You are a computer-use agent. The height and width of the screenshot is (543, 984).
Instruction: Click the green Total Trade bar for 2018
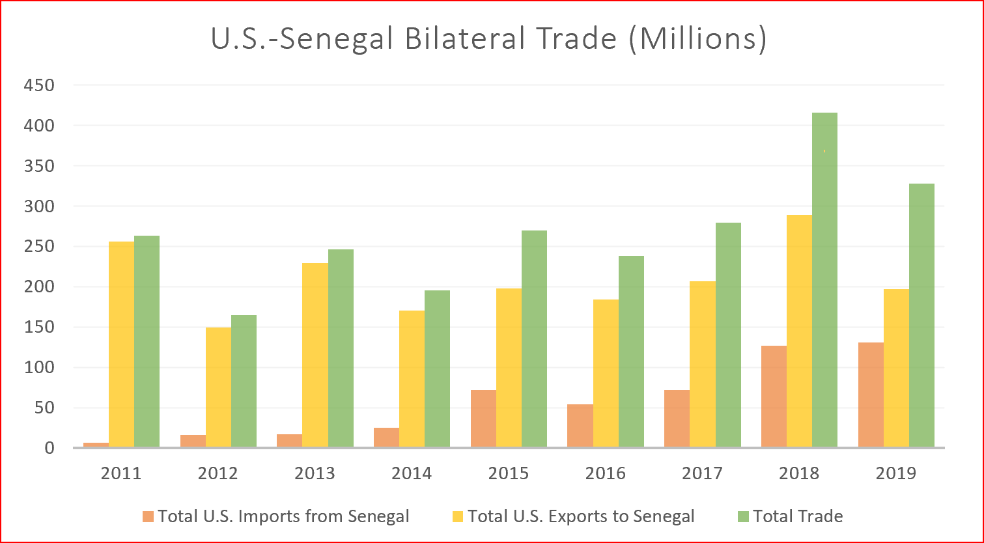824,280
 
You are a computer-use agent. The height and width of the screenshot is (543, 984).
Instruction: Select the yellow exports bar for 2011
121,344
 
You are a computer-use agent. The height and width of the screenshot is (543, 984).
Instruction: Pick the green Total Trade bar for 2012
244,381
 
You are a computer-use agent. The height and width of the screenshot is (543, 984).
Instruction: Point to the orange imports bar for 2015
483,419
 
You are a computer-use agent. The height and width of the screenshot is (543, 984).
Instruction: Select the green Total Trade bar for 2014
437,369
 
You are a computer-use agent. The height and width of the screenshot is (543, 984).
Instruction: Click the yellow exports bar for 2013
315,355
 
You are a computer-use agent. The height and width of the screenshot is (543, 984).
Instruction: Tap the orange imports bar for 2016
580,426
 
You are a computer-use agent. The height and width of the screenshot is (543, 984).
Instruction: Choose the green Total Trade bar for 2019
921,315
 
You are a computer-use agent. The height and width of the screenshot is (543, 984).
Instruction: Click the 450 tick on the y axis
39,85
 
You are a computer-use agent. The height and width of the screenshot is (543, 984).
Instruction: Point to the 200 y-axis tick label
39,287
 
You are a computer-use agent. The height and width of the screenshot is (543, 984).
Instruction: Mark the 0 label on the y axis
49,449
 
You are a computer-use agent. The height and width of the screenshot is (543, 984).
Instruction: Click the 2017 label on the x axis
702,473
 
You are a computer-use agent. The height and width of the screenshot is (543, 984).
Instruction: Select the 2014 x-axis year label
412,473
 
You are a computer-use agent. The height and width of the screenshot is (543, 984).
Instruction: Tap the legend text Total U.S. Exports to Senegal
581,517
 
